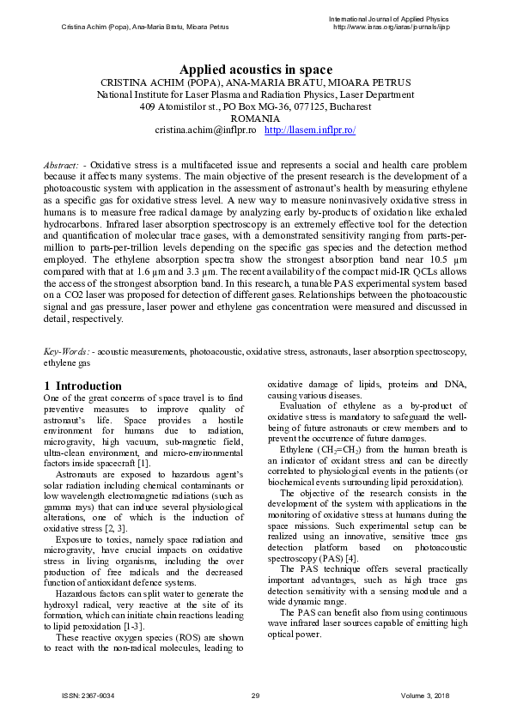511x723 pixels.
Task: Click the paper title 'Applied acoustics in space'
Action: [255, 70]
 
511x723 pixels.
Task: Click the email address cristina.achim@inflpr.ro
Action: [205, 130]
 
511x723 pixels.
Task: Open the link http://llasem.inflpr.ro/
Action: [310, 130]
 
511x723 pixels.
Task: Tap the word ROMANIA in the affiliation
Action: [255, 118]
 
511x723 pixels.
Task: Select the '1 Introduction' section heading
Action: [82, 386]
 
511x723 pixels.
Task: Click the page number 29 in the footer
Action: [255, 694]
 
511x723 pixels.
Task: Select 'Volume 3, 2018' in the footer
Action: [426, 694]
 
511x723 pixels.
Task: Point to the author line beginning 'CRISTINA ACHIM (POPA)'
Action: [255, 82]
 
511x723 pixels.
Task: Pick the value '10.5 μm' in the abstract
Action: [447, 259]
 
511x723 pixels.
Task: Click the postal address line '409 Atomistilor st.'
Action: [255, 106]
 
